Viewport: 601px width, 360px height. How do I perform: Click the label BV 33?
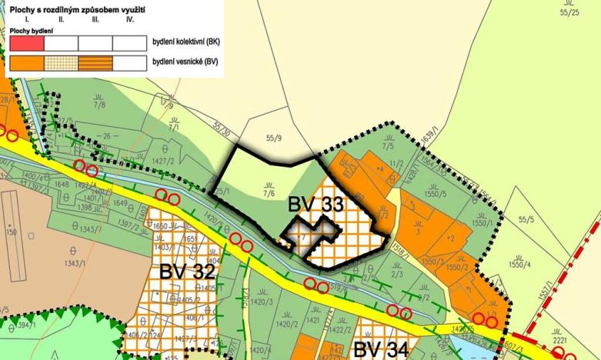click(x=315, y=205)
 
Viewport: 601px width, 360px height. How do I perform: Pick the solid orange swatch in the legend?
click(x=26, y=62)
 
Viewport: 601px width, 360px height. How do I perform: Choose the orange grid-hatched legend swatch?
click(x=62, y=62)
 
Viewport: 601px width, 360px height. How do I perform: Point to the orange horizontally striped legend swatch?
click(x=95, y=62)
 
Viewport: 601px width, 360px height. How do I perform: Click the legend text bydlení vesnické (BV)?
click(x=185, y=62)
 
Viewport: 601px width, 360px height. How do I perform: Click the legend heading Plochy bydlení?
click(x=30, y=30)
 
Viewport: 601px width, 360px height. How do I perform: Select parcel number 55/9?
click(x=273, y=140)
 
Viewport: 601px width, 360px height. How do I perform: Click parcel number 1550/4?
click(x=521, y=265)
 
